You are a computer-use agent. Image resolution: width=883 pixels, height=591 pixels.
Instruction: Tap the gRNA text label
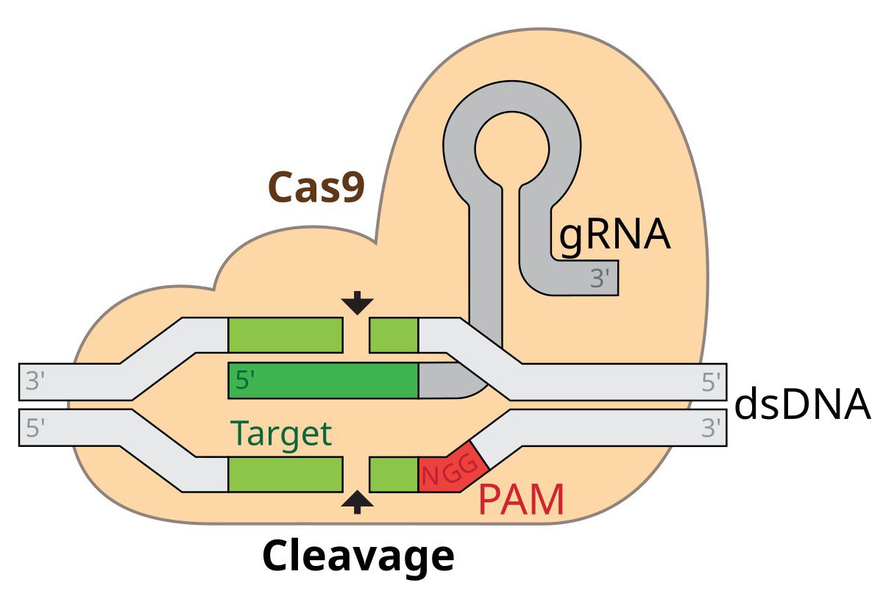click(614, 235)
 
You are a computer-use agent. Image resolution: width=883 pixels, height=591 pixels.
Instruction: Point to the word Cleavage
click(358, 556)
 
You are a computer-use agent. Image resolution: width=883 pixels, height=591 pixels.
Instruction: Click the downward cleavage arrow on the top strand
click(358, 302)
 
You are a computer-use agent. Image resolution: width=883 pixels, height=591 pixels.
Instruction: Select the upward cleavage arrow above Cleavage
click(358, 502)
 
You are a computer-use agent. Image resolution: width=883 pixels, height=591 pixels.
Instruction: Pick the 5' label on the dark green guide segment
click(246, 381)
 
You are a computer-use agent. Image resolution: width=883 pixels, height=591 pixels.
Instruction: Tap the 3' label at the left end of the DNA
click(36, 382)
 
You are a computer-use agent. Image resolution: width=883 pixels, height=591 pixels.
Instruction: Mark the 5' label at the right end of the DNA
click(712, 382)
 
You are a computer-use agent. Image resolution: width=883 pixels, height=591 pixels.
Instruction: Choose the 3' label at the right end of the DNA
click(712, 429)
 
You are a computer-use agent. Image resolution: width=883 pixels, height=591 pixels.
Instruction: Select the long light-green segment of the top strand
click(286, 335)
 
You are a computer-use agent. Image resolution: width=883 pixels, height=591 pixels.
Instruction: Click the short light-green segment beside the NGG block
click(393, 474)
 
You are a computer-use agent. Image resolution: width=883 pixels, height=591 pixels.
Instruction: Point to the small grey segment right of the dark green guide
click(445, 381)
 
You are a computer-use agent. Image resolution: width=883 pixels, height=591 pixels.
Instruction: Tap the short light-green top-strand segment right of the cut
click(393, 335)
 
